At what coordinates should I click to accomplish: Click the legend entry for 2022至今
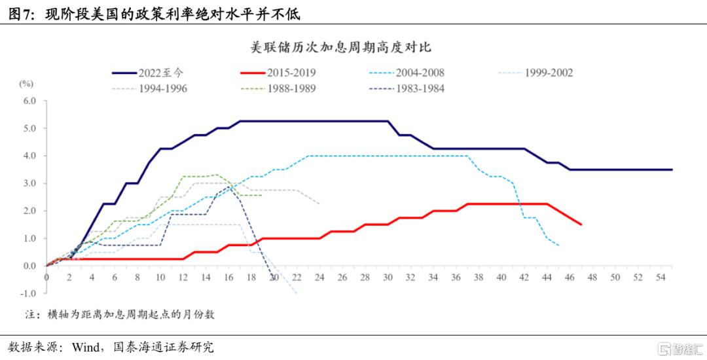click(148, 73)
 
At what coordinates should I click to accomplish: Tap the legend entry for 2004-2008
click(407, 73)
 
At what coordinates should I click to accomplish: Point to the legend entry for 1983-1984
click(407, 89)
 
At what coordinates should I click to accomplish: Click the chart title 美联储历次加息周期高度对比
click(341, 47)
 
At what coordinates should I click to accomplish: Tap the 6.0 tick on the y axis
click(29, 101)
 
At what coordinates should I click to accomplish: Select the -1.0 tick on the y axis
click(27, 293)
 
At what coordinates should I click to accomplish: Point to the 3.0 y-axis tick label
click(29, 183)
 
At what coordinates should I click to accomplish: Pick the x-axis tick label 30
click(388, 277)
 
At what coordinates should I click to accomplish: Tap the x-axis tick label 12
click(183, 277)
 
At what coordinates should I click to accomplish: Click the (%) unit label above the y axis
click(27, 84)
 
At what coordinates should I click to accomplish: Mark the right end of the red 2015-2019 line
click(581, 225)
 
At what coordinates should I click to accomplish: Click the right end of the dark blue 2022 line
click(672, 170)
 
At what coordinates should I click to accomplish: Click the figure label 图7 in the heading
click(21, 15)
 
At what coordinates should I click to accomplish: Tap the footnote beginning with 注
click(120, 314)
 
